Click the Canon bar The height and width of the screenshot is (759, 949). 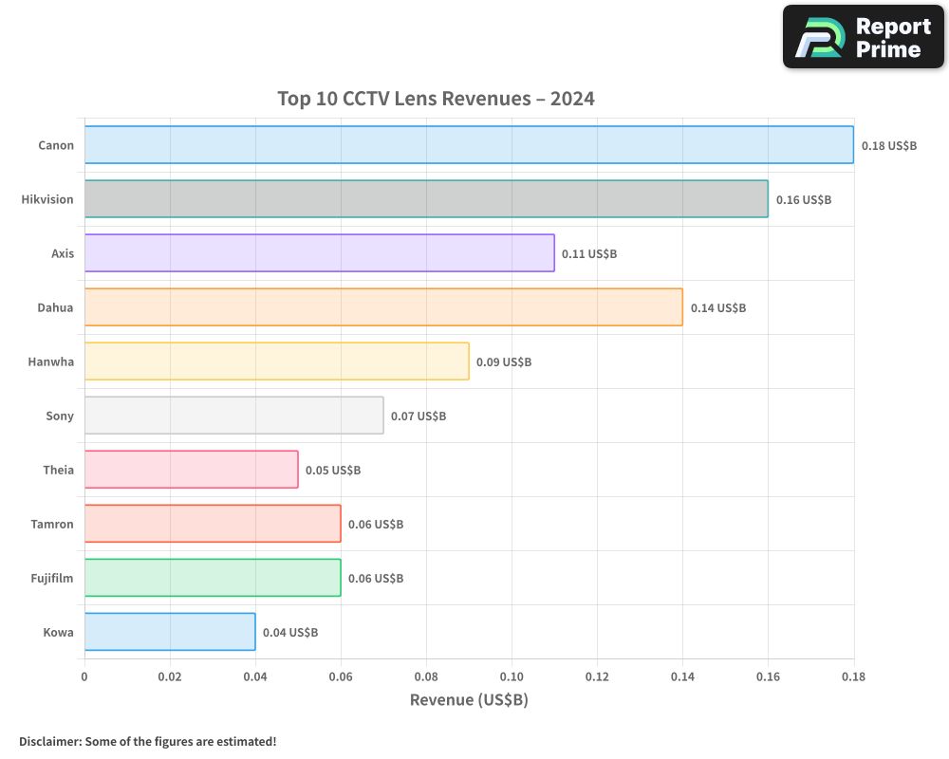coord(469,145)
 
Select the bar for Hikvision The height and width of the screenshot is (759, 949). coord(426,199)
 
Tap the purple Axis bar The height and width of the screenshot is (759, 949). coord(319,253)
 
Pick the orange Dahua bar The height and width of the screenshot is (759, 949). coord(383,307)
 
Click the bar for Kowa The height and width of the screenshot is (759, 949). coord(170,632)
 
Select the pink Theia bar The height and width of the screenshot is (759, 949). coord(191,470)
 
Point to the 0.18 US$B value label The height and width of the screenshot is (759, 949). coord(889,146)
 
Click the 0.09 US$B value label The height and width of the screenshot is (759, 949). coord(504,362)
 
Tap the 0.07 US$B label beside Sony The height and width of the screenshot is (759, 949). coord(419,417)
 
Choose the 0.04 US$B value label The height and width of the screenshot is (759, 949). coord(290,633)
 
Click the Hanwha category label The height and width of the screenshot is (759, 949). coord(51,361)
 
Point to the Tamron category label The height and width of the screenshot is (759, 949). coord(52,524)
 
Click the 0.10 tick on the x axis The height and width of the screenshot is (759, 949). coord(512,677)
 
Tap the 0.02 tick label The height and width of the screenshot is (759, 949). coord(170,677)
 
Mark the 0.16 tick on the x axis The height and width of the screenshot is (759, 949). coord(768,677)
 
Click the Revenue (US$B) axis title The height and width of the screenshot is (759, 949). coord(469,700)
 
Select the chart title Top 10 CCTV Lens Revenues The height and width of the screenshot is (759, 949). coord(436,99)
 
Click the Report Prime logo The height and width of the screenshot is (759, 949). coord(863,37)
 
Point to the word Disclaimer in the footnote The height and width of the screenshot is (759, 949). coord(49,741)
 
